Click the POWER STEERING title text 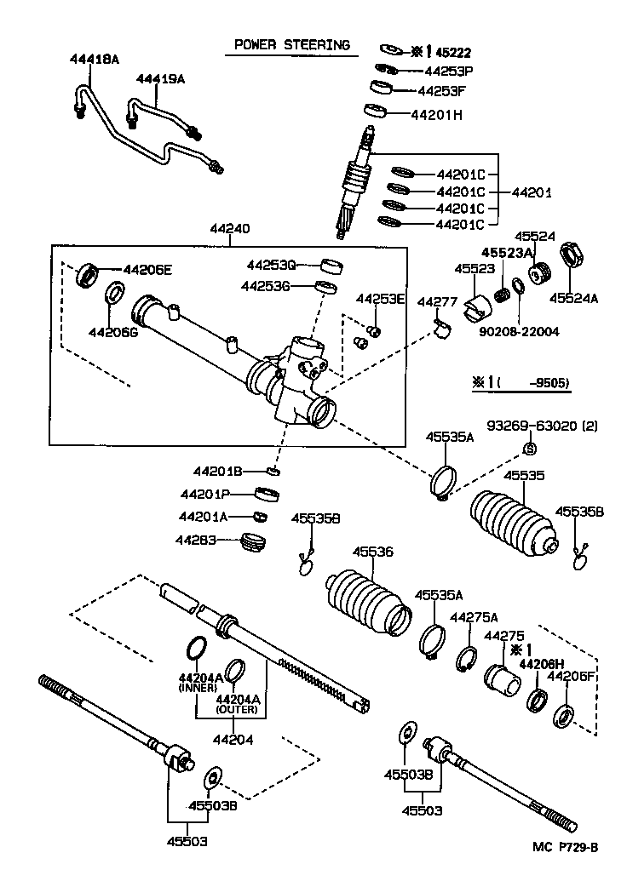tap(291, 45)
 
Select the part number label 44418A tap(94, 59)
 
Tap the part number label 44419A tap(160, 78)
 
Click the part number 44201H tap(436, 114)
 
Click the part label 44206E tap(147, 270)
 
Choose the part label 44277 tap(437, 302)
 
